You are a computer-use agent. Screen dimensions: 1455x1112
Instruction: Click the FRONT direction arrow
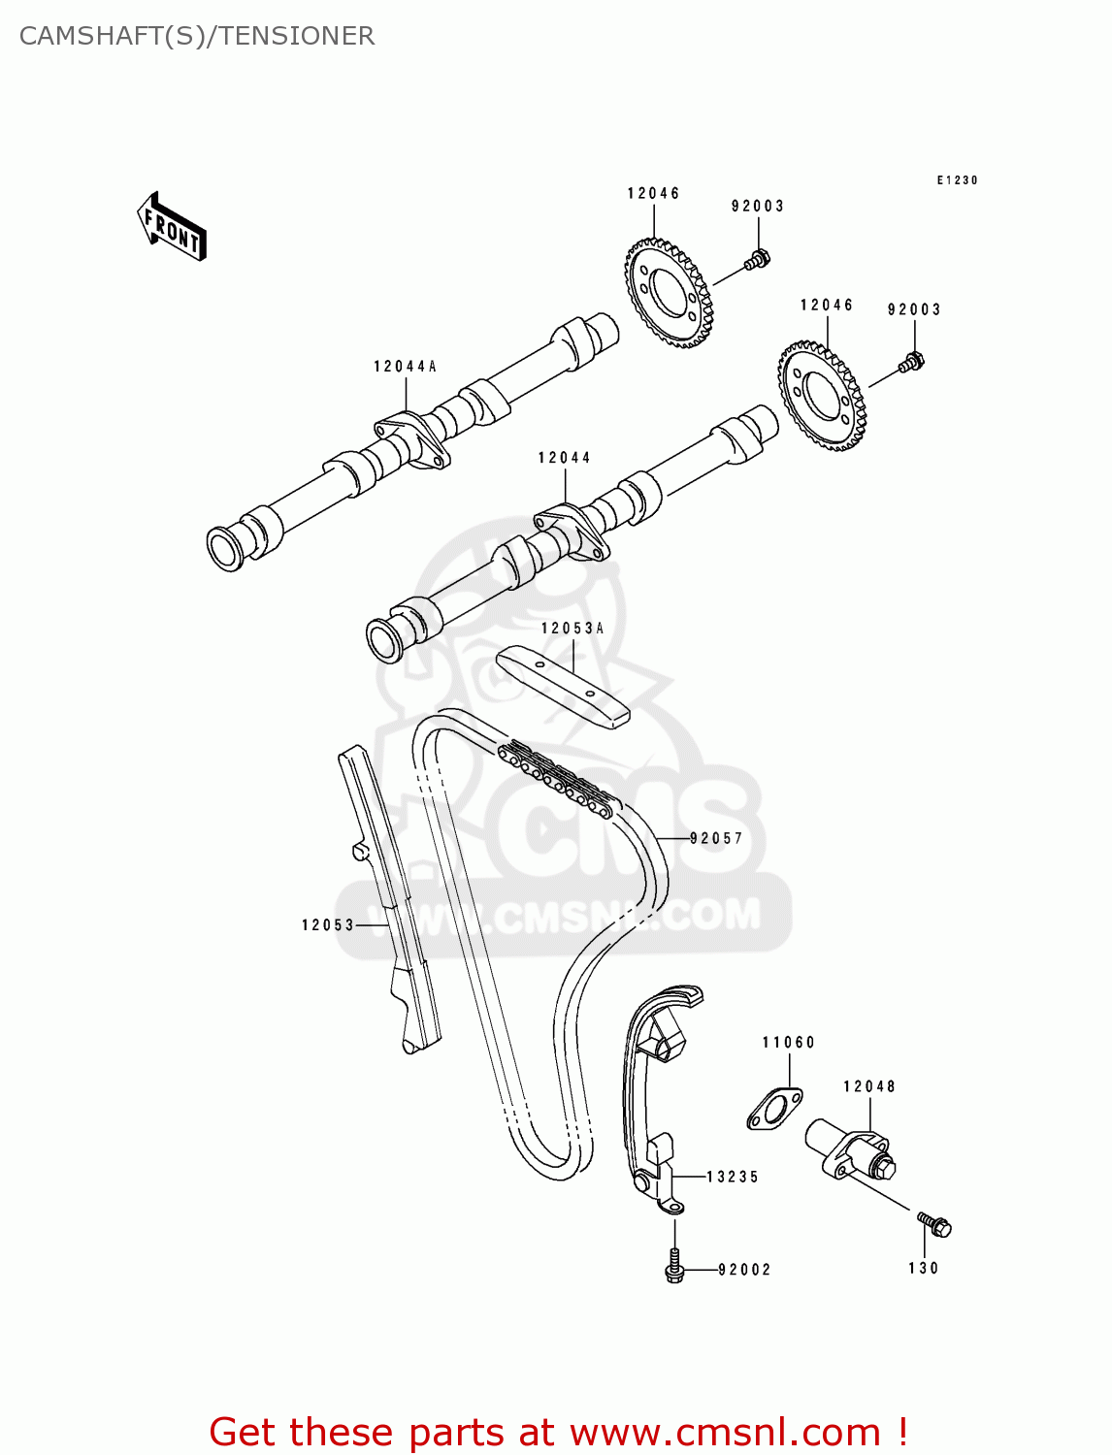point(173,227)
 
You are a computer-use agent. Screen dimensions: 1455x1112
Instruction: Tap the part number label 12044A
point(405,367)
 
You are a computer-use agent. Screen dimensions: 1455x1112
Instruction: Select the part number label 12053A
point(572,629)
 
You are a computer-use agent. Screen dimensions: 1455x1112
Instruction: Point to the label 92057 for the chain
point(716,838)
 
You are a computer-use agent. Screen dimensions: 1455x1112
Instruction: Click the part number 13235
point(733,1177)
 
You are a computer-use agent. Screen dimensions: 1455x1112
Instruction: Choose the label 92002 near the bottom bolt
point(744,1270)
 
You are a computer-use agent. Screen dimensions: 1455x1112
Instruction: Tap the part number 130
point(924,1268)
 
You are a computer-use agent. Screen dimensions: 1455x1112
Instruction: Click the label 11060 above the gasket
point(788,1043)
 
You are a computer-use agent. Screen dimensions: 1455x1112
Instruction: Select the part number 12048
point(868,1086)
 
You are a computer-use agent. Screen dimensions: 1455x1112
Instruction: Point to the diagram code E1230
point(957,180)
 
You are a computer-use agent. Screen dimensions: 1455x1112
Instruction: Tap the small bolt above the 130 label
point(935,1225)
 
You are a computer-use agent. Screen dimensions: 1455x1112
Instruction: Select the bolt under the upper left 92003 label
point(757,260)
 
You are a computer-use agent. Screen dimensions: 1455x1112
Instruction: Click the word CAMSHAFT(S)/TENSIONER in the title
point(197,36)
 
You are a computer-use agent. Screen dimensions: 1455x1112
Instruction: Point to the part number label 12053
point(328,925)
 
